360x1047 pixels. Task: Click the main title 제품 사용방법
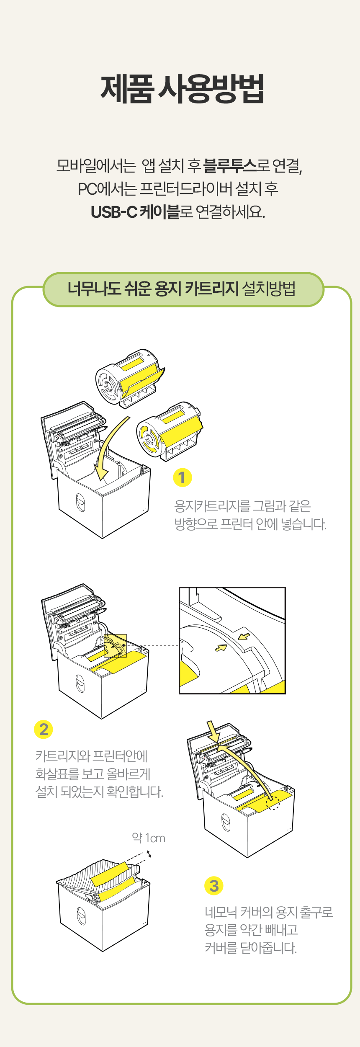point(182,89)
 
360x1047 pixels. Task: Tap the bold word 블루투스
point(229,166)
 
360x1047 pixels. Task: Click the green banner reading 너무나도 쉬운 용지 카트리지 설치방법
point(183,289)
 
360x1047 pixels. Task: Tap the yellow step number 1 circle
point(183,477)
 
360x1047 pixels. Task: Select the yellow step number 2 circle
point(44,729)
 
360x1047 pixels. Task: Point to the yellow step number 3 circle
point(214,886)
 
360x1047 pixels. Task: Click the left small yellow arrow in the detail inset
point(221,648)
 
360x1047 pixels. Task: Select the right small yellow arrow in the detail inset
point(244,637)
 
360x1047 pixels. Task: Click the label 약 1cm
point(149,838)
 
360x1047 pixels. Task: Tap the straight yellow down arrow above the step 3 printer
point(213,731)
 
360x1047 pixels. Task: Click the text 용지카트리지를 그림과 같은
point(242,506)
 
